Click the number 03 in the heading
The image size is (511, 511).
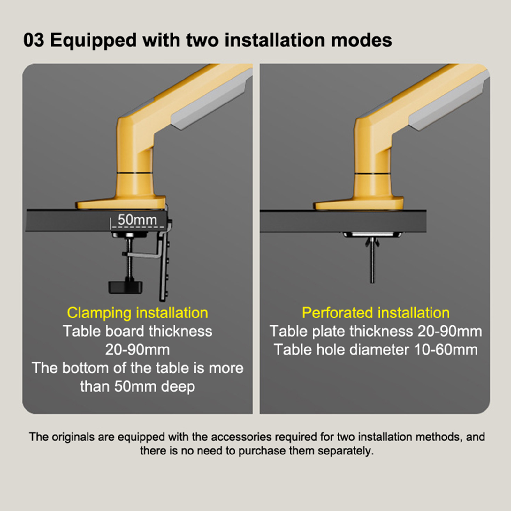point(34,40)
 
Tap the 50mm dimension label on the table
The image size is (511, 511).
point(137,220)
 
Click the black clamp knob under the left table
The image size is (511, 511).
point(126,286)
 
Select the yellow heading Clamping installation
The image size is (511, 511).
point(137,313)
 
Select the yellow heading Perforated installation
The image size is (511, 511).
point(376,313)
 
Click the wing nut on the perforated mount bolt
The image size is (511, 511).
point(372,242)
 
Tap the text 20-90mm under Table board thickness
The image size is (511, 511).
point(137,350)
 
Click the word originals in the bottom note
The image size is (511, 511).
point(73,437)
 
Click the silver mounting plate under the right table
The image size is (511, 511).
point(372,235)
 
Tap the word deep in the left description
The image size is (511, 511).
point(178,387)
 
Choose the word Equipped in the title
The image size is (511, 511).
point(94,41)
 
